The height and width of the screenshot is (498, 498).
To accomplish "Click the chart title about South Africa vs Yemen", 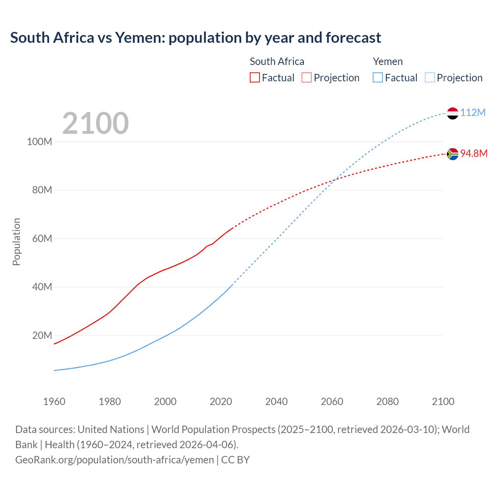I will (195, 38).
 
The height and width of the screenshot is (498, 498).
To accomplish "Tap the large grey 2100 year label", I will (95, 123).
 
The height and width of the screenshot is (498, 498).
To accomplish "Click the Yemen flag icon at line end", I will (452, 113).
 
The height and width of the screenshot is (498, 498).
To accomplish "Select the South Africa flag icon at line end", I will (452, 154).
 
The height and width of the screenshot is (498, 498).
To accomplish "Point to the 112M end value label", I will (473, 113).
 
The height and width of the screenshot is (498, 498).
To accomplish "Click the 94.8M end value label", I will (473, 153).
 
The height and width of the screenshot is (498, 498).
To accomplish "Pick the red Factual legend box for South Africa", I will (254, 77).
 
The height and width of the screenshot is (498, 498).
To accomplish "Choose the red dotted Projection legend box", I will (307, 77).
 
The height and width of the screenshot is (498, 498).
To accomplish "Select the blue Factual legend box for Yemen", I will (377, 77).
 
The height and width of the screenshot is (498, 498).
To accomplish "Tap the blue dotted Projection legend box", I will (430, 77).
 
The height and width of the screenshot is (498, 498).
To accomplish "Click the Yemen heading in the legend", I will (388, 61).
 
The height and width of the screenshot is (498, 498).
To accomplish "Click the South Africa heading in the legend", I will (277, 61).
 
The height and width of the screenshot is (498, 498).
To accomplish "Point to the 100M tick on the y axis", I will (39, 142).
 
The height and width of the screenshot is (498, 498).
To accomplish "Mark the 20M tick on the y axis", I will (42, 335).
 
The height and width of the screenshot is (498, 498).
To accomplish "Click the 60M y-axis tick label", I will (42, 238).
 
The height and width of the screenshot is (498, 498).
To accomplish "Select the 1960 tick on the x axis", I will (54, 402).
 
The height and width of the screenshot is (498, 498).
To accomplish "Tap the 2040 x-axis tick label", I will (276, 402).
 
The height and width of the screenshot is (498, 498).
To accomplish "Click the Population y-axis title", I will (16, 242).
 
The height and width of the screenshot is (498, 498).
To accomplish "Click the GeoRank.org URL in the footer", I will (114, 460).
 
